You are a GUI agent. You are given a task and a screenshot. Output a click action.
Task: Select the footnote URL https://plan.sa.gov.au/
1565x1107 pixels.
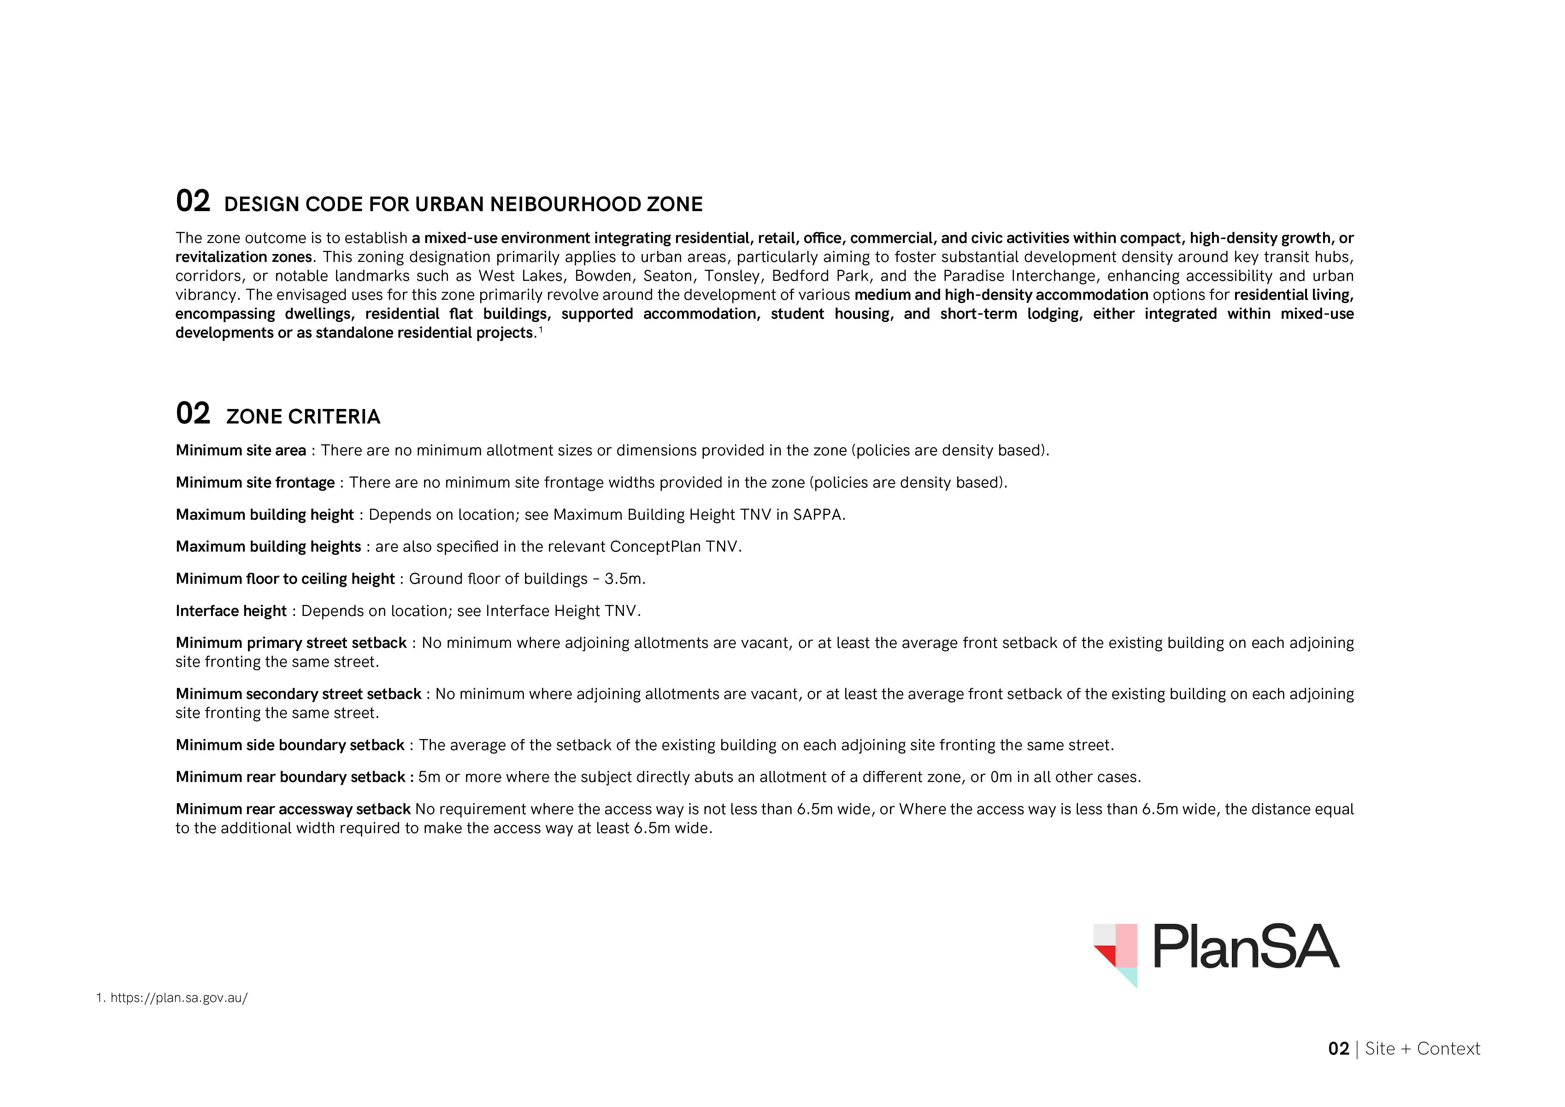[x=179, y=998]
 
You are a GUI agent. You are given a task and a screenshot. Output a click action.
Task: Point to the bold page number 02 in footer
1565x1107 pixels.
[x=1338, y=1048]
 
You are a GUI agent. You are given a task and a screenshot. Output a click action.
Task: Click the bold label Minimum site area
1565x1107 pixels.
[x=241, y=451]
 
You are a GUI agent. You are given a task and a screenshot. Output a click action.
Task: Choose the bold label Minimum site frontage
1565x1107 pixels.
[x=255, y=482]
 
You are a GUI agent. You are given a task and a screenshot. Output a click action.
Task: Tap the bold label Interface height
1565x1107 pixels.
[x=231, y=611]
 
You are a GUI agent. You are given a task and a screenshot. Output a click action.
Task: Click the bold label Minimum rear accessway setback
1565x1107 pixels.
[x=293, y=809]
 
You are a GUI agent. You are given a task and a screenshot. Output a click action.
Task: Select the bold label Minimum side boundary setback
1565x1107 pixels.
[x=290, y=745]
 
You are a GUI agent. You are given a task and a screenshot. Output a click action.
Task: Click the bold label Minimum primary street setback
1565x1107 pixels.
[x=291, y=643]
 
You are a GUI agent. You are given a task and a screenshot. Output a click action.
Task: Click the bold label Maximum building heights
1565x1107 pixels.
[x=268, y=547]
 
